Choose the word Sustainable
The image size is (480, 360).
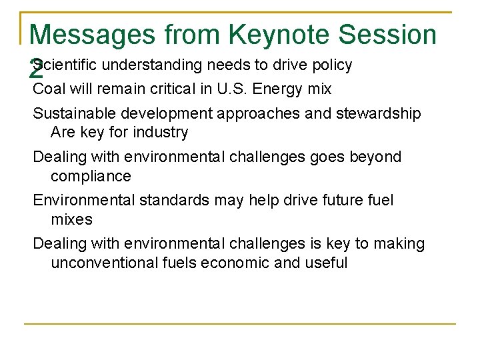pyautogui.click(x=72, y=114)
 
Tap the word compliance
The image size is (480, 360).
pyautogui.click(x=91, y=176)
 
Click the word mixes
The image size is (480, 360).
pyautogui.click(x=71, y=219)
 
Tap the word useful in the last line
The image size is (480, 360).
pyautogui.click(x=326, y=263)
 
